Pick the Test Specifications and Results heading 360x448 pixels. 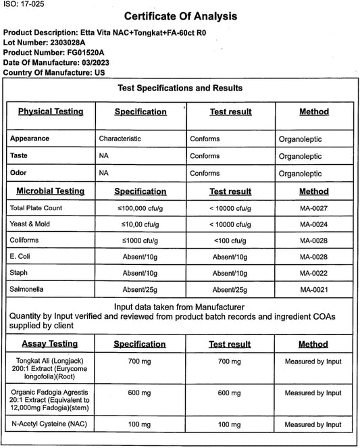(x=180, y=88)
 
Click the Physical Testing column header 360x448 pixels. (x=51, y=111)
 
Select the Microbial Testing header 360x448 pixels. (x=51, y=191)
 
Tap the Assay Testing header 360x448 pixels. (x=48, y=344)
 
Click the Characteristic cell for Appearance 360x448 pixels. (x=120, y=139)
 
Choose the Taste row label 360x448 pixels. (x=20, y=156)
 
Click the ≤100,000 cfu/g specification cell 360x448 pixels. (x=140, y=207)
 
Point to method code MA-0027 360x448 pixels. (x=313, y=207)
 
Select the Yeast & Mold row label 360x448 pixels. (x=30, y=224)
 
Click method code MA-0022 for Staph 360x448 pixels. (x=313, y=272)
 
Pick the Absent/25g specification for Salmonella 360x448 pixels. (x=140, y=289)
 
